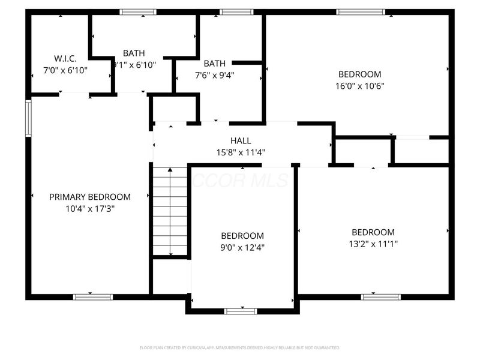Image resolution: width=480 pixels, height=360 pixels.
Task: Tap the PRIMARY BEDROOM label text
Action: click(90, 197)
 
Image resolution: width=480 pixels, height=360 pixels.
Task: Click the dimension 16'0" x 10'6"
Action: click(360, 86)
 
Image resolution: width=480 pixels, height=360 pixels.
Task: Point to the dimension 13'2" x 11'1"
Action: click(373, 244)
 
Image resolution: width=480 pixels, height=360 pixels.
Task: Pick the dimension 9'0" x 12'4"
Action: click(242, 247)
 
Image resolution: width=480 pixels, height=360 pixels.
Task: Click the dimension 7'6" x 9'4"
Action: click(214, 75)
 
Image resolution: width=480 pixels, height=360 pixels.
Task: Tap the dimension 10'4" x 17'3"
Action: click(90, 208)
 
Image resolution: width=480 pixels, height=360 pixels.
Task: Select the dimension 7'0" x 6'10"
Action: click(66, 70)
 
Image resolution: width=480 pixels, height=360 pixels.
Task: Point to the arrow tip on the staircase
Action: click(170, 170)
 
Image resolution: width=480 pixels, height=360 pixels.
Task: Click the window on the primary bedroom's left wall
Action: click(28, 118)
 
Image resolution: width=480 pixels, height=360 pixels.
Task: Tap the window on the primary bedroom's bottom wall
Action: click(92, 296)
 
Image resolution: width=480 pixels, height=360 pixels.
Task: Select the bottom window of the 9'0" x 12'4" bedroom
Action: click(241, 311)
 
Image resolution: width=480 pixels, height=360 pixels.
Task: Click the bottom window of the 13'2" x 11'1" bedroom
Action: click(380, 296)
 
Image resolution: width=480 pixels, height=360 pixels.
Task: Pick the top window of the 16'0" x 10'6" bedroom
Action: click(360, 11)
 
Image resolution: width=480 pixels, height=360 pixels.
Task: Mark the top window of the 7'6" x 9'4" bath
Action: click(236, 11)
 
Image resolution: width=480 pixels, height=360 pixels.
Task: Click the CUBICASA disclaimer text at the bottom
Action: click(240, 347)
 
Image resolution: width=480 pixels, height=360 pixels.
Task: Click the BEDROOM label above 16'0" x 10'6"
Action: click(360, 74)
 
